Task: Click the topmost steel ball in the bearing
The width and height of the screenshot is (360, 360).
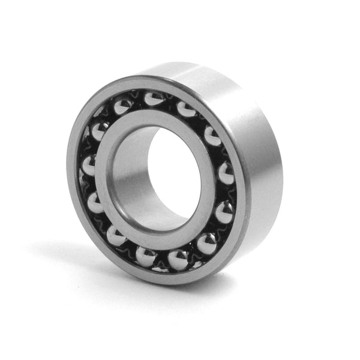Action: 154,98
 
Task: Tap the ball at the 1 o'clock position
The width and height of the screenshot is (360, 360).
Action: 186,109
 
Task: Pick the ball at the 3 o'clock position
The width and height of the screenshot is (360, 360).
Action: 226,173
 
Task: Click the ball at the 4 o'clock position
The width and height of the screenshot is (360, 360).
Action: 223,212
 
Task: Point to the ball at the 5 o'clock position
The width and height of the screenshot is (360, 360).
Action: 206,243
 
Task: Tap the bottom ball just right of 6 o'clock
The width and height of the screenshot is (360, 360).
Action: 178,259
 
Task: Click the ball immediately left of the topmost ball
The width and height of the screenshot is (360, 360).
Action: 123,107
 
